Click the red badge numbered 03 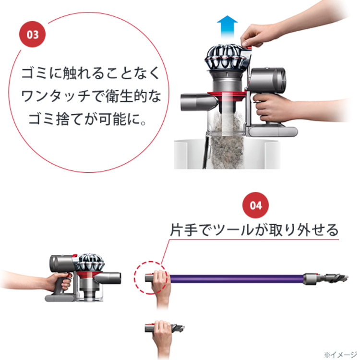[x=33, y=35]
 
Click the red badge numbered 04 [x=256, y=205]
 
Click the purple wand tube [x=235, y=278]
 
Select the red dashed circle [x=149, y=277]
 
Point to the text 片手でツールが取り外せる [x=254, y=229]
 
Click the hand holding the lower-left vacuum [x=50, y=283]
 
